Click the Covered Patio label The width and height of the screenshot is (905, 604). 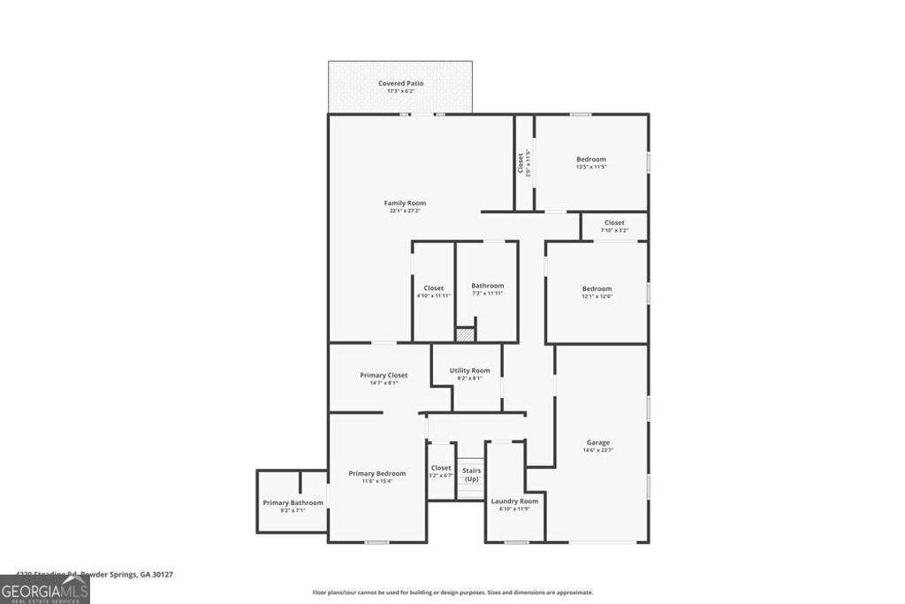[x=400, y=84]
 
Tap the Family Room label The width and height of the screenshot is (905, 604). [x=404, y=203]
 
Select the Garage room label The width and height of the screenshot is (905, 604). [x=598, y=442]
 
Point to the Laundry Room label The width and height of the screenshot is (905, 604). [x=514, y=501]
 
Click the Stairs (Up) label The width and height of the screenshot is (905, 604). [x=471, y=474]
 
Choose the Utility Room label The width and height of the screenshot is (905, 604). [x=469, y=371]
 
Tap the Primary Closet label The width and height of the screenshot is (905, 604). [x=384, y=375]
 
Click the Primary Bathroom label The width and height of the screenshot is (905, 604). [x=293, y=503]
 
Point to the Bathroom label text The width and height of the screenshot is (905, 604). [x=487, y=286]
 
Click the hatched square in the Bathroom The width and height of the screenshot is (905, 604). [x=465, y=335]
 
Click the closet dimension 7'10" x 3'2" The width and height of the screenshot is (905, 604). [x=614, y=231]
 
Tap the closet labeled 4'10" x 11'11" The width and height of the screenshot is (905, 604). [x=433, y=292]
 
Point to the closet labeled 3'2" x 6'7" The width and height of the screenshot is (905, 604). [x=441, y=471]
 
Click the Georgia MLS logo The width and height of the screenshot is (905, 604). [x=44, y=590]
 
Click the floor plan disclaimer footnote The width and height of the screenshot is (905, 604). [x=452, y=593]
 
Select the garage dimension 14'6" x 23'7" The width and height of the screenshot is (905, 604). [x=598, y=450]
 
